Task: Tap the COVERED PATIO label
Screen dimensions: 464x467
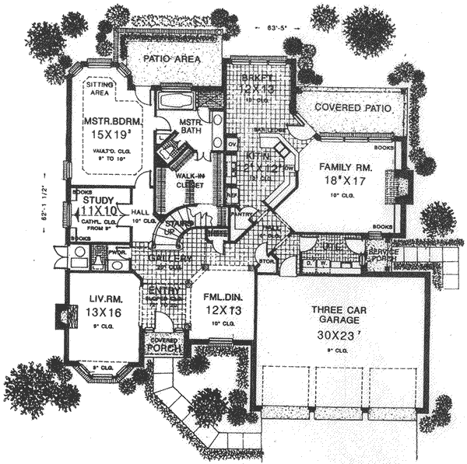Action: (x=342, y=110)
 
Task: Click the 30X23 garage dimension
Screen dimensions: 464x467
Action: (x=337, y=339)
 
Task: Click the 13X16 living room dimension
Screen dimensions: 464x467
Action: (x=97, y=313)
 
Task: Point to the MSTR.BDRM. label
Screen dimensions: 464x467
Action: (x=108, y=121)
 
